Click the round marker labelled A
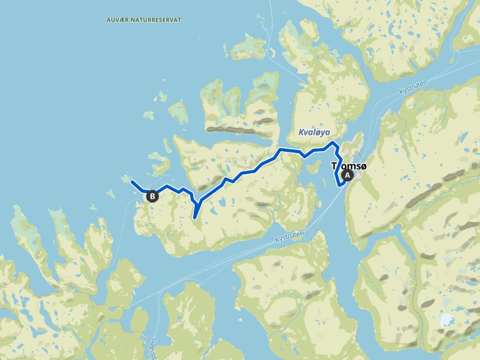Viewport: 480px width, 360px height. click(348, 176)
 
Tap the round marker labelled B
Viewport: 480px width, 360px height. click(152, 196)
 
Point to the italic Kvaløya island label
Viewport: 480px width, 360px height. click(314, 133)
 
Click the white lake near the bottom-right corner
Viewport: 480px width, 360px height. click(446, 320)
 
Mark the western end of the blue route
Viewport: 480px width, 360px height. click(132, 182)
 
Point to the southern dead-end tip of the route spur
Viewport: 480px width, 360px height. click(195, 217)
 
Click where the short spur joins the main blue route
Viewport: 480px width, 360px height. click(199, 202)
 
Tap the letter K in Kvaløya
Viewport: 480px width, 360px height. click(301, 133)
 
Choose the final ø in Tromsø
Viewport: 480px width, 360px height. click(363, 167)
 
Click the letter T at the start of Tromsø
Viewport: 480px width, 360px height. click(333, 167)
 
